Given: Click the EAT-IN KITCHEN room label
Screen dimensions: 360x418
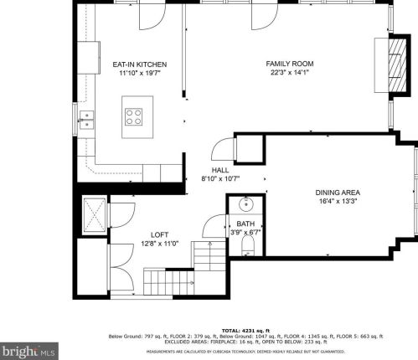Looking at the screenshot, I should tap(140, 64).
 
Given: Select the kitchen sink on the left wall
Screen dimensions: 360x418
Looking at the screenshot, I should tap(86, 120).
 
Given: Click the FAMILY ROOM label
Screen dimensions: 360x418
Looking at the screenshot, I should tap(289, 64).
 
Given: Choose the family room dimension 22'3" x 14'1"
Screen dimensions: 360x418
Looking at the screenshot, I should tap(289, 73).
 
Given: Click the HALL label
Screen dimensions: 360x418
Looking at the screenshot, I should tap(220, 170).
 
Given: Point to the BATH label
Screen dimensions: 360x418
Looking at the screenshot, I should tap(245, 224).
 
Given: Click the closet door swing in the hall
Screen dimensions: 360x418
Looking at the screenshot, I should tap(220, 151).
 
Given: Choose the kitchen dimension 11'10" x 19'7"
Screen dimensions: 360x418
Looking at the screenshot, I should tap(140, 73).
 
